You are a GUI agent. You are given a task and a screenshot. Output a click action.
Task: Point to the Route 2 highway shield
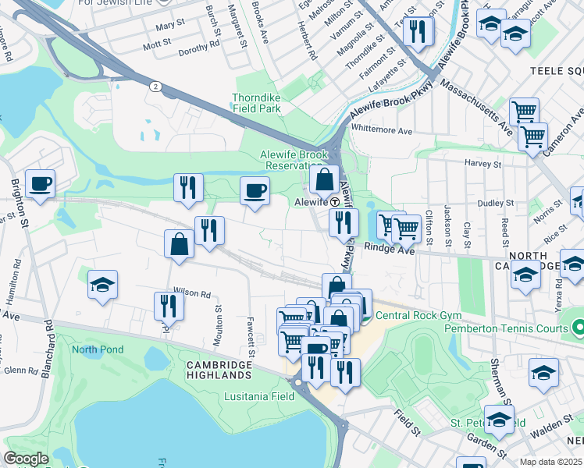pyautogui.click(x=156, y=87)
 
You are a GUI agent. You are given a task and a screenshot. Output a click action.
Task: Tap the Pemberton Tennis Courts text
pyautogui.click(x=506, y=328)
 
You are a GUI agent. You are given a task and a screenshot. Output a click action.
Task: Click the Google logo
pyautogui.click(x=27, y=459)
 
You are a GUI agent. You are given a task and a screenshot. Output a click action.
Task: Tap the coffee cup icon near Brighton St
pyautogui.click(x=40, y=184)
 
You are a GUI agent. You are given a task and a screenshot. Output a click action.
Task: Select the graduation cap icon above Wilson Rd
pyautogui.click(x=102, y=285)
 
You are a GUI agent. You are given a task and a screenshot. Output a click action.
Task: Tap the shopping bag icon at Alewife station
pyautogui.click(x=324, y=180)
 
